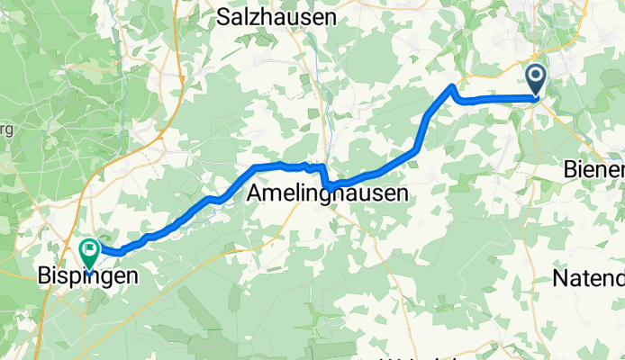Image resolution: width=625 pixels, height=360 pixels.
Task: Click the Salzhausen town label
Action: click(276, 17)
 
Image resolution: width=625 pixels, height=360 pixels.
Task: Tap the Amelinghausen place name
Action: click(327, 193)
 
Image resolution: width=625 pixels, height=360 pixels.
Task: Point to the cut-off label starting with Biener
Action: click(593, 169)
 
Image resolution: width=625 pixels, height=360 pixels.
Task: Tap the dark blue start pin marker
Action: click(536, 80)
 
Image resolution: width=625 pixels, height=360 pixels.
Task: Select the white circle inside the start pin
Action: click(536, 76)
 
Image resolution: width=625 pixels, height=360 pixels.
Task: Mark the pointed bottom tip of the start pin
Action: click(536, 97)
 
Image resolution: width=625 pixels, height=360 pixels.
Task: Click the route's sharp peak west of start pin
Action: click(452, 86)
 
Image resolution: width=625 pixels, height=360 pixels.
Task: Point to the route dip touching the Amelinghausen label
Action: click(330, 187)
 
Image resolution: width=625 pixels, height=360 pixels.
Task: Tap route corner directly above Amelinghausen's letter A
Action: click(256, 168)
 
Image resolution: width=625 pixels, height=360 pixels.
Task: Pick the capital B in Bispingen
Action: click(42, 276)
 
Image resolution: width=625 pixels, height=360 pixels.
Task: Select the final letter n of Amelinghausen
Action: click(401, 193)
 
